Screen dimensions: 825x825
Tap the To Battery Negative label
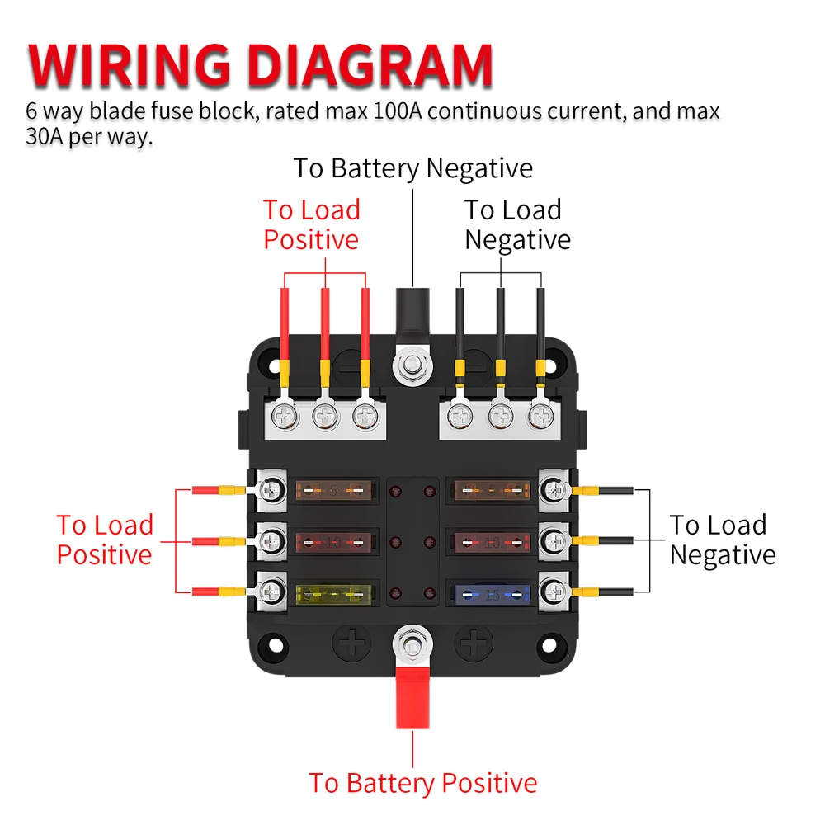pyautogui.click(x=413, y=168)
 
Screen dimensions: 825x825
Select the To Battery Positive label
pyautogui.click(x=422, y=782)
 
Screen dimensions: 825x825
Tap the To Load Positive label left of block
pyautogui.click(x=105, y=540)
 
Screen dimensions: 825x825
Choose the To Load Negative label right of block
pyautogui.click(x=722, y=540)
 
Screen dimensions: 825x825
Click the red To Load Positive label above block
pyautogui.click(x=312, y=224)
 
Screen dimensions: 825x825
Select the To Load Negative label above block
pyautogui.click(x=516, y=224)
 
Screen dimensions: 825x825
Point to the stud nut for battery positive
pyautogui.click(x=410, y=640)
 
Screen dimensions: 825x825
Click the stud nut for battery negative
pyautogui.click(x=410, y=362)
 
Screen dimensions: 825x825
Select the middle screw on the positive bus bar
pyautogui.click(x=325, y=416)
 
